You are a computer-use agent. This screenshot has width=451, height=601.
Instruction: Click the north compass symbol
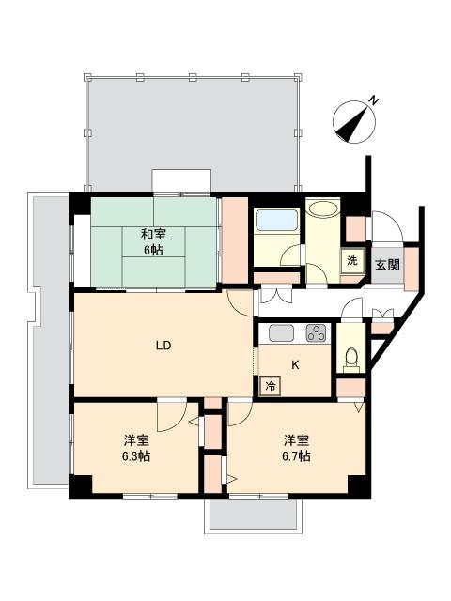[x=353, y=122]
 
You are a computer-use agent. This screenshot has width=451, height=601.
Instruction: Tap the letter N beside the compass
[x=373, y=100]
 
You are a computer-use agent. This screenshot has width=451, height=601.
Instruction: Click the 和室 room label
[x=154, y=235]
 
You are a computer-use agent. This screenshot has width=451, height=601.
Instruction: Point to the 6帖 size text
[x=154, y=251]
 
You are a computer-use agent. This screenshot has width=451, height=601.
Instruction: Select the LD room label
[x=163, y=344]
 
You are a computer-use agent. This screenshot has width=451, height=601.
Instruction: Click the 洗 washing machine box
[x=350, y=261]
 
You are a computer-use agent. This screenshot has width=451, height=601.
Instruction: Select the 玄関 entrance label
[x=386, y=264]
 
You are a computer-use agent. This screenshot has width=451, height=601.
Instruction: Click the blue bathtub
[x=276, y=222]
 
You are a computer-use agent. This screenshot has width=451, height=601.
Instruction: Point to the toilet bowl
[x=350, y=358]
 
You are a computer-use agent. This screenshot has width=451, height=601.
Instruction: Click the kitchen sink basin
[x=282, y=331]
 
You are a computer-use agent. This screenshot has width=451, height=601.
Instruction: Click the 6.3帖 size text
[x=137, y=456]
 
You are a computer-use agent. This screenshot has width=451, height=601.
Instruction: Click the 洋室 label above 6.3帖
[x=137, y=440]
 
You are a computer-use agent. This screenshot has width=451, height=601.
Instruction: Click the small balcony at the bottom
[x=251, y=514]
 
